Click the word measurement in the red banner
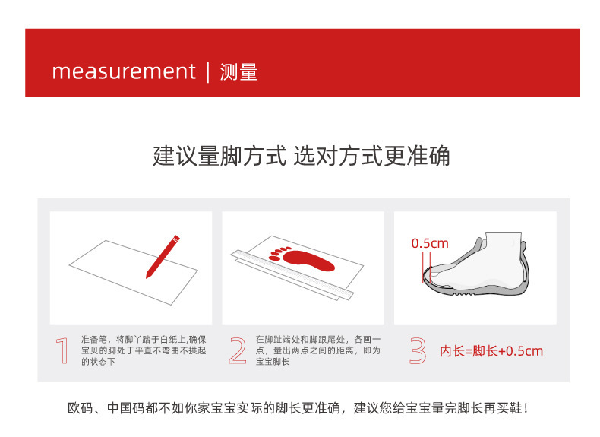124,71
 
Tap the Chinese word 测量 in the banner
238,72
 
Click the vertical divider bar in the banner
208,72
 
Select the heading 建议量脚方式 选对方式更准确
302,156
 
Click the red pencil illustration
163,257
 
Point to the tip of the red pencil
147,277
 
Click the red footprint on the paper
302,259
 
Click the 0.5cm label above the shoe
430,243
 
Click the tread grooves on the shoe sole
464,293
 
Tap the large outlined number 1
62,350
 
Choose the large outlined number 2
238,350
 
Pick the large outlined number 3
418,350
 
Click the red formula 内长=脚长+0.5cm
491,351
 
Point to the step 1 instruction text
144,350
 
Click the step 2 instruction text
318,350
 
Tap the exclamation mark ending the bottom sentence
526,408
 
